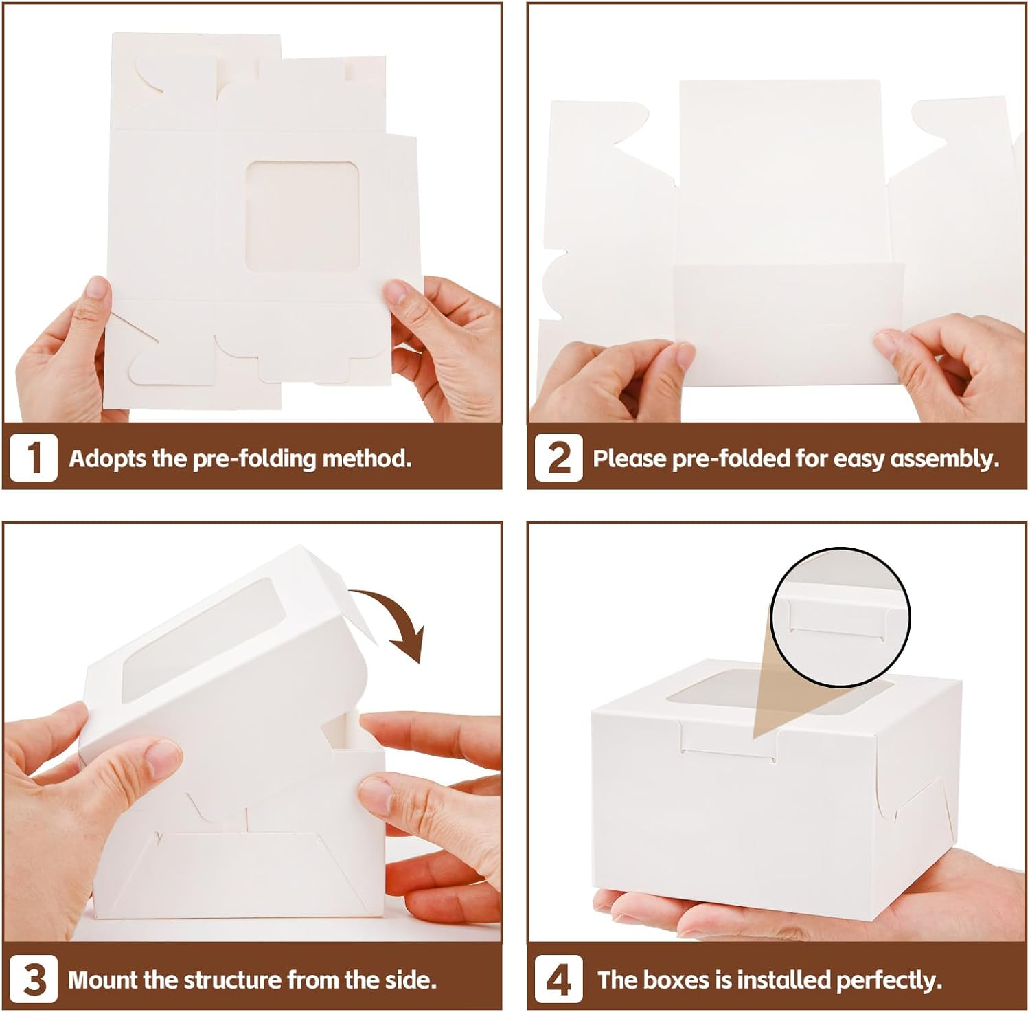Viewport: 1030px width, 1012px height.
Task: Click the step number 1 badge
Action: pyautogui.click(x=33, y=458)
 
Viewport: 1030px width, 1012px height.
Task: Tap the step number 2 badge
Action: pyautogui.click(x=558, y=458)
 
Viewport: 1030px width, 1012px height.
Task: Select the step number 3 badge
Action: pyautogui.click(x=33, y=980)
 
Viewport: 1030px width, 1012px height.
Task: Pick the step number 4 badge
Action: pyautogui.click(x=558, y=980)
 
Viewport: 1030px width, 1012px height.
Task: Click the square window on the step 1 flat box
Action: pyautogui.click(x=303, y=214)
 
